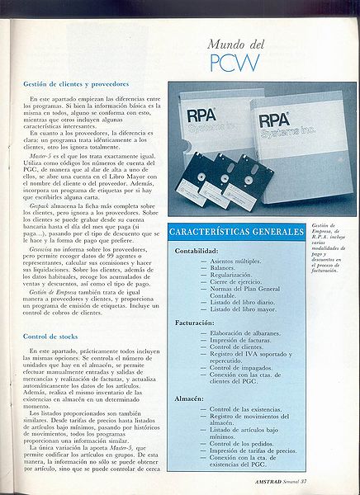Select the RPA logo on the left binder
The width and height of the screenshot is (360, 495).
pyautogui.click(x=201, y=115)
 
